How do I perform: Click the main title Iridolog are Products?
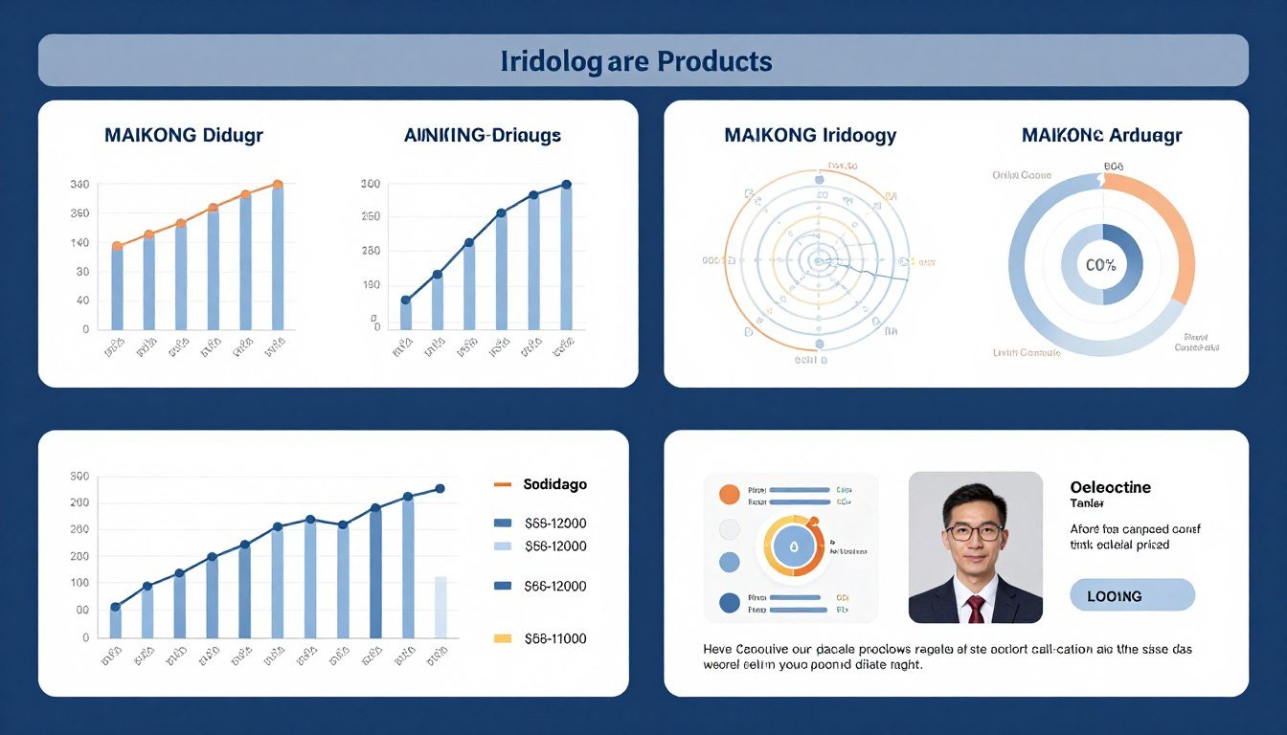tap(636, 61)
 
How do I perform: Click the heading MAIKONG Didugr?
tap(183, 135)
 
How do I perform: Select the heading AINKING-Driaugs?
tap(483, 135)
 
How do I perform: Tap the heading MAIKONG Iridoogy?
tap(810, 135)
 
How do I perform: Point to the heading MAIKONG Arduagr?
tap(1101, 135)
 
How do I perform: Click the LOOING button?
tap(1132, 595)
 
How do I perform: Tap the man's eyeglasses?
tap(975, 532)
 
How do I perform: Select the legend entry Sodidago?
tap(554, 484)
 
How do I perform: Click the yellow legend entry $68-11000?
tap(554, 638)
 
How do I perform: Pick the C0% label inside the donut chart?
tap(1101, 266)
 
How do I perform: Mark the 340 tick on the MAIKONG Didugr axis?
tap(79, 184)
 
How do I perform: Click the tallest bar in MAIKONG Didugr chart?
tap(278, 258)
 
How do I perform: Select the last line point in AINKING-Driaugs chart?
tap(566, 184)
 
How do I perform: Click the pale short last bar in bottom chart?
tap(440, 607)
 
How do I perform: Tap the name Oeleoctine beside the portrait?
tap(1110, 487)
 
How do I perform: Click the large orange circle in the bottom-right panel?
tap(729, 494)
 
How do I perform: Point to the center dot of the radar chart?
tap(818, 259)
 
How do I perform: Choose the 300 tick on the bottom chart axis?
tap(79, 476)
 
